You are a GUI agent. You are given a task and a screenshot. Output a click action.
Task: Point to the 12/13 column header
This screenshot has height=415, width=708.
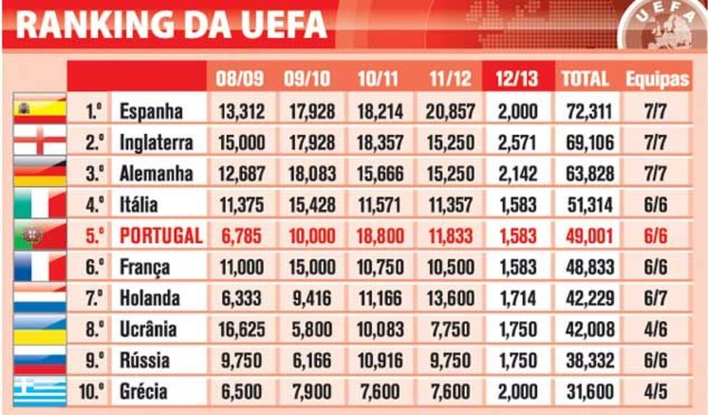coord(516,78)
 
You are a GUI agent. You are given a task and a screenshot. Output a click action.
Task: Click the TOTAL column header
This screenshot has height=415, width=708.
coord(585,78)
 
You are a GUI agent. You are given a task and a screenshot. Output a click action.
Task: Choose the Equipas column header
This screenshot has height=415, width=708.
coord(657,79)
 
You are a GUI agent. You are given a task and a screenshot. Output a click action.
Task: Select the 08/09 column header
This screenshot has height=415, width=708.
coord(241,78)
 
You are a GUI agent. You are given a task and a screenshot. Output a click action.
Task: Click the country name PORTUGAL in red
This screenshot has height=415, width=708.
coord(160,236)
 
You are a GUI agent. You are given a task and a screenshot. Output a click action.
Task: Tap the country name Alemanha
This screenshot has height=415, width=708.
coord(156,173)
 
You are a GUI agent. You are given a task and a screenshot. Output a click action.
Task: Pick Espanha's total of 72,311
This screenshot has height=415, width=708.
coord(588,111)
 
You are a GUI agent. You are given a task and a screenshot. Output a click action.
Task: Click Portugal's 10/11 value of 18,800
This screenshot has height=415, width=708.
coord(378,236)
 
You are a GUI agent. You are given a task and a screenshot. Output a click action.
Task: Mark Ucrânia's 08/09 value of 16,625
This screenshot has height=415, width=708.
coord(241,330)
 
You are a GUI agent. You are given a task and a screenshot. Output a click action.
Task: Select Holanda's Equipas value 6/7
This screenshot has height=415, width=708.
coord(655,299)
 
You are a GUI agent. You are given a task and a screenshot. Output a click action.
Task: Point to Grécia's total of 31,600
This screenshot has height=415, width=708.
coord(588,392)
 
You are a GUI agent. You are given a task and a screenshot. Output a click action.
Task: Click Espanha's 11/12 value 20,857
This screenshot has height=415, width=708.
coord(450,111)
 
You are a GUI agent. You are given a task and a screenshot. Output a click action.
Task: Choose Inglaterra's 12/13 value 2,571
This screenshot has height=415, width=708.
coord(516,142)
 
